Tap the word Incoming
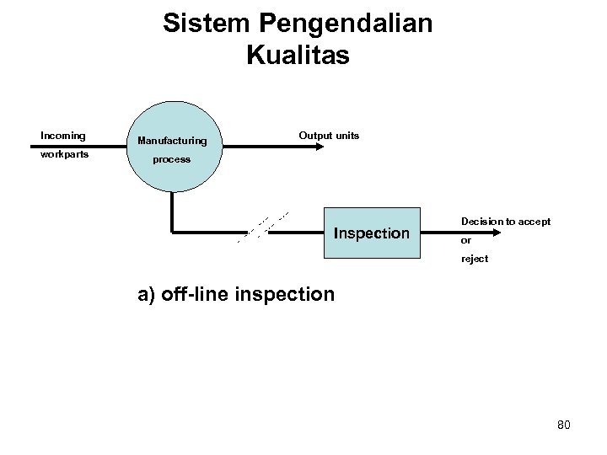[63, 135]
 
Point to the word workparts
[66, 156]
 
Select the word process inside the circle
[171, 158]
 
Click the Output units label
[329, 136]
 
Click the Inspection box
[372, 233]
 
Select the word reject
[474, 259]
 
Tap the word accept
[534, 222]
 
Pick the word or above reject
[465, 240]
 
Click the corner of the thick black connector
[172, 230]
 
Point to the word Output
[314, 136]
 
